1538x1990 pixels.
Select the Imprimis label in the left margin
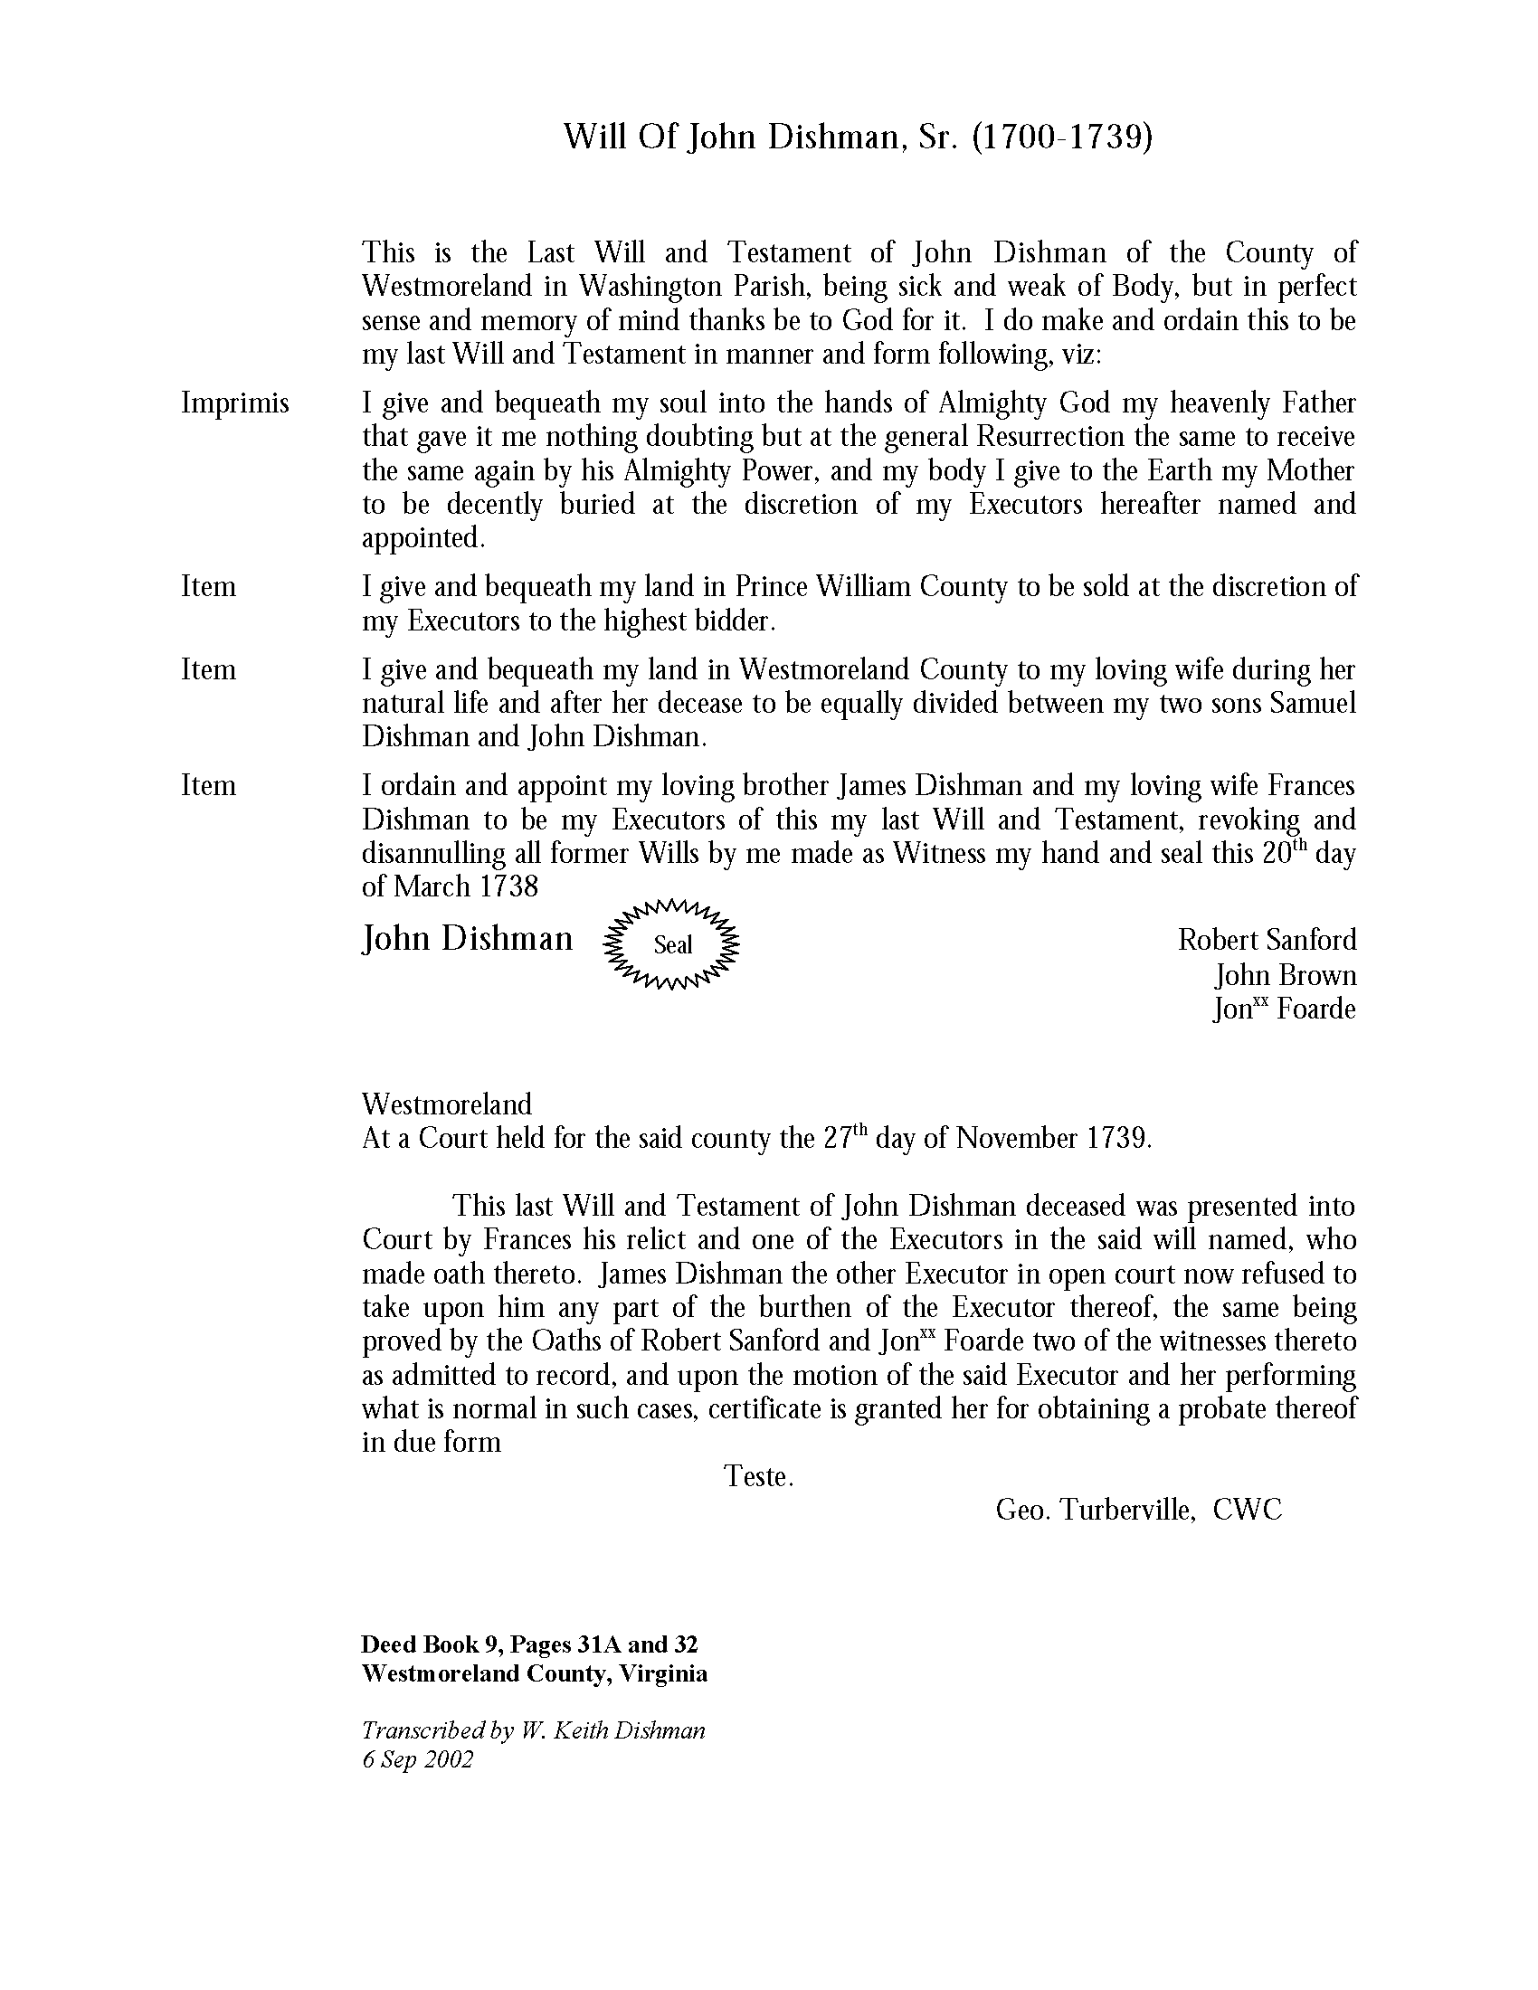235,403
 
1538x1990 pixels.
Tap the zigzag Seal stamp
672,945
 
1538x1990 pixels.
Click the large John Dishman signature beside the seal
468,938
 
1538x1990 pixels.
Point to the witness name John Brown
1285,976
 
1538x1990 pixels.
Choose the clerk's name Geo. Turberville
1094,1510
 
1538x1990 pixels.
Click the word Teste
758,1476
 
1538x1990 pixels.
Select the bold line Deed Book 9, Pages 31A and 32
529,1644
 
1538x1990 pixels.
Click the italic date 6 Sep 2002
417,1759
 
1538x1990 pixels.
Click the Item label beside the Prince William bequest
209,586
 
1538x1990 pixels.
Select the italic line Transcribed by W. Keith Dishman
533,1729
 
